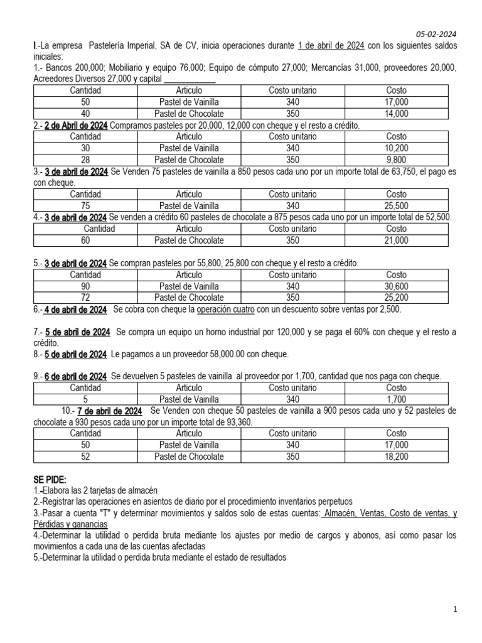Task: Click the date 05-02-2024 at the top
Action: click(x=437, y=34)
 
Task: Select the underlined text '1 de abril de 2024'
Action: click(x=331, y=46)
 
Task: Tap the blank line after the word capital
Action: click(x=190, y=78)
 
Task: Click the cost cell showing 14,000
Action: click(x=396, y=114)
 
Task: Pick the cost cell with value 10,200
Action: click(x=396, y=148)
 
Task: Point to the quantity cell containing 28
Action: click(x=85, y=159)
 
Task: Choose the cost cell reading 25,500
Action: click(x=396, y=205)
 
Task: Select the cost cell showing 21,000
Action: click(x=396, y=240)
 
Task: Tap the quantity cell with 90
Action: click(x=85, y=286)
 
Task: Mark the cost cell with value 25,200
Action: click(x=396, y=297)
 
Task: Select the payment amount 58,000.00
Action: click(x=229, y=354)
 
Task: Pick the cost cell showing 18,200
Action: click(x=396, y=457)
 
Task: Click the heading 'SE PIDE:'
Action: click(x=50, y=479)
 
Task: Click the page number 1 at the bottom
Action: click(x=456, y=609)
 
